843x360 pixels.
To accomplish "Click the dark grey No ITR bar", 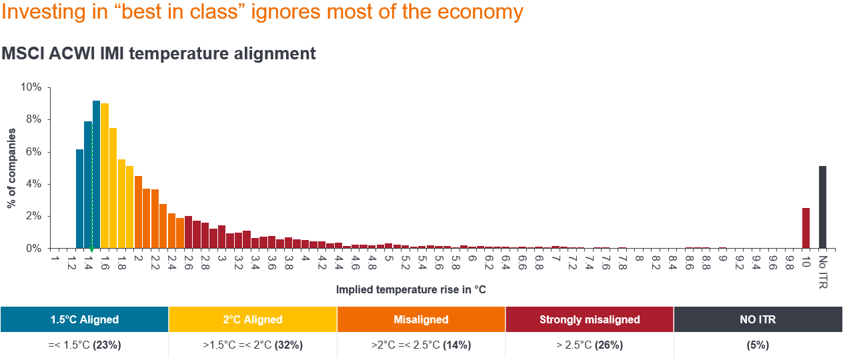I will (x=822, y=207).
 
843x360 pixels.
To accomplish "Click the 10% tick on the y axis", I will (x=32, y=87).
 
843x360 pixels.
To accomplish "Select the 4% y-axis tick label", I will (x=33, y=184).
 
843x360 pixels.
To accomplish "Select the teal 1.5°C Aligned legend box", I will (x=84, y=319).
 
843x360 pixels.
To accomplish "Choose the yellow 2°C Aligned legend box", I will (x=253, y=319).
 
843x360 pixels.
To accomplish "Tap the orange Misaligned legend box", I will (x=421, y=319).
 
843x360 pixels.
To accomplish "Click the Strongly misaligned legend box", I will (x=590, y=319).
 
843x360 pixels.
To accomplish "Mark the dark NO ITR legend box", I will (x=758, y=319).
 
